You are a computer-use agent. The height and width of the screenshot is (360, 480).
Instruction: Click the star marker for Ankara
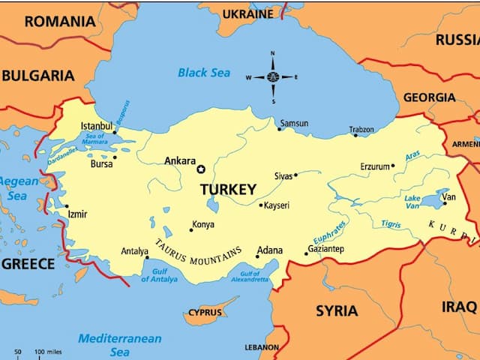200,169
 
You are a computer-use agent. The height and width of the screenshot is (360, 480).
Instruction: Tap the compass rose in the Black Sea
271,77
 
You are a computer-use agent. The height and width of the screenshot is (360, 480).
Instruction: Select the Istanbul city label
96,125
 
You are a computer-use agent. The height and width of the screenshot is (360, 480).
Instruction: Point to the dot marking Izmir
66,206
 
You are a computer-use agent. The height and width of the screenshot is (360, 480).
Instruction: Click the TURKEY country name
228,190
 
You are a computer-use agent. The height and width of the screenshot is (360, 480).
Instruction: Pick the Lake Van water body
433,200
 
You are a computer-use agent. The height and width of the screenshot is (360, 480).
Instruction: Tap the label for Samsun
294,123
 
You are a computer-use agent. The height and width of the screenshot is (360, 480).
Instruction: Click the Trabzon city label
361,130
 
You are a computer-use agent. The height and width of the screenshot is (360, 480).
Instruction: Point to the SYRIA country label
336,310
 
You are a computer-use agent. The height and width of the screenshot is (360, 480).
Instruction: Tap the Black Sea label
203,73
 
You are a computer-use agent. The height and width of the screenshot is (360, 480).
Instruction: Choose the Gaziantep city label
325,249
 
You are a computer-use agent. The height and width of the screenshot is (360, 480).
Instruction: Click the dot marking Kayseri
261,205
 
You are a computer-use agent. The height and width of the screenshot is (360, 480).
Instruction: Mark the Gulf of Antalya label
159,274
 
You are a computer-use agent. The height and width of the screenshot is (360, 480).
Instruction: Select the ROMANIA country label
61,21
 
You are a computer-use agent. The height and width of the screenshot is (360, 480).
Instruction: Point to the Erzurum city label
375,166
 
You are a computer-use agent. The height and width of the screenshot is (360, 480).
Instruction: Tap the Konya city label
202,224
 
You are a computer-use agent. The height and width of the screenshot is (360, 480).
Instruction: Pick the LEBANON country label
262,348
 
